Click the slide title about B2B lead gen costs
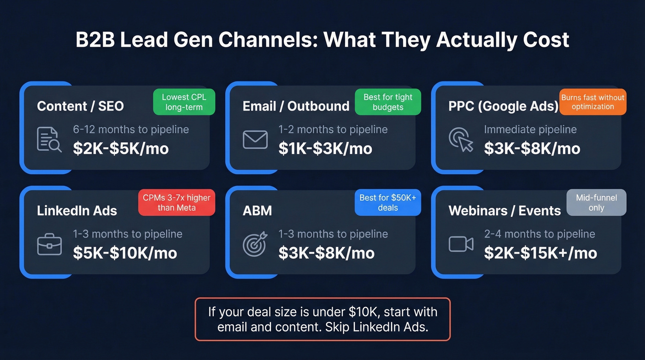[322, 40]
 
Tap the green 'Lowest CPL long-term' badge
[184, 102]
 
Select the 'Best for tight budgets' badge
[388, 102]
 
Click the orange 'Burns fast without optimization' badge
[592, 102]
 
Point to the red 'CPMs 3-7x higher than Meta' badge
[176, 202]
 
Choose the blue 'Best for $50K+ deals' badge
[387, 202]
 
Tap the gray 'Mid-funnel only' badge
[596, 202]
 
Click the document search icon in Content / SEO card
[49, 140]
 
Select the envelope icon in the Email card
[255, 140]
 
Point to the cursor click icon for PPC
[461, 140]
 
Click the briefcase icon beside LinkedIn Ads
[49, 244]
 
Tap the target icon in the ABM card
[255, 244]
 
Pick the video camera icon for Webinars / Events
[461, 244]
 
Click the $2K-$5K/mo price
[121, 148]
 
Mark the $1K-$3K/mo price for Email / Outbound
[325, 148]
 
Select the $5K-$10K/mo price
[125, 253]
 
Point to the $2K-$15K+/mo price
[540, 253]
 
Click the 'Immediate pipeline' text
[530, 130]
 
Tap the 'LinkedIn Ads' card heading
[77, 211]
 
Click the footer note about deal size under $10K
[322, 319]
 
